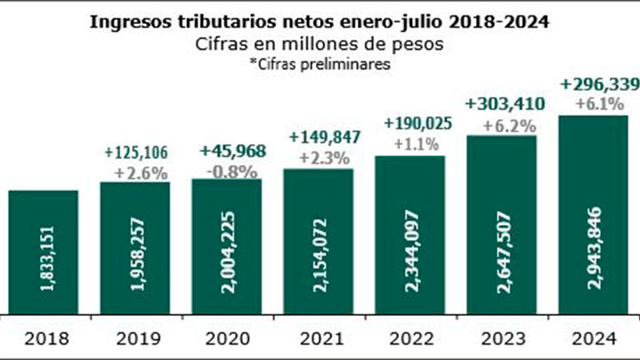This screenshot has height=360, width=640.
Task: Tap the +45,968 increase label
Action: pyautogui.click(x=227, y=151)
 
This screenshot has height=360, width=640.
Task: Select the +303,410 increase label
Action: pyautogui.click(x=501, y=103)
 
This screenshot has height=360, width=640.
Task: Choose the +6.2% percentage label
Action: pyautogui.click(x=501, y=125)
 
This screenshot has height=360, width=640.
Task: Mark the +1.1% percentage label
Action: pyautogui.click(x=410, y=146)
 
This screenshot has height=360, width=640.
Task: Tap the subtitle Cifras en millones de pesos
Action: pyautogui.click(x=319, y=45)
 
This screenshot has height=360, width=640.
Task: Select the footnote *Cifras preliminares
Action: pyautogui.click(x=319, y=65)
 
